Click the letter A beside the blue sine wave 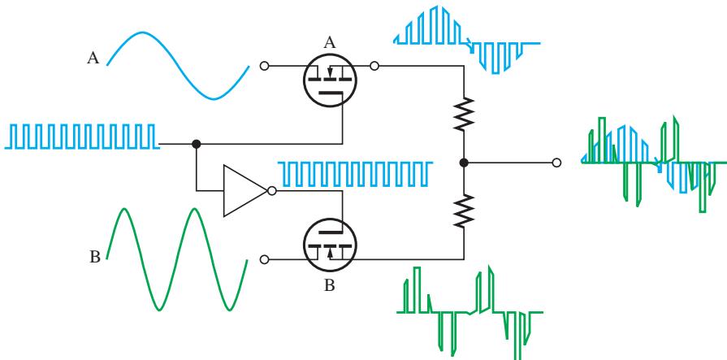(93, 58)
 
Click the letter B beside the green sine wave (94, 257)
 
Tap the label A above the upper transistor (329, 43)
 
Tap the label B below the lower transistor (329, 285)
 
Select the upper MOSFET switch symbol (330, 80)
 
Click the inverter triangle (245, 191)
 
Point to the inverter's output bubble (272, 191)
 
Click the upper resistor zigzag (464, 114)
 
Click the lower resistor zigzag (464, 211)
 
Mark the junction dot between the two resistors (464, 163)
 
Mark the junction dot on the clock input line (196, 144)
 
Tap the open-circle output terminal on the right (557, 163)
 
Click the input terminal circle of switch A (264, 66)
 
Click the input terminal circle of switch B (264, 259)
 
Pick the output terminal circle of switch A (374, 66)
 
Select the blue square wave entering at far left (82, 137)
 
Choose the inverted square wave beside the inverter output (355, 174)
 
